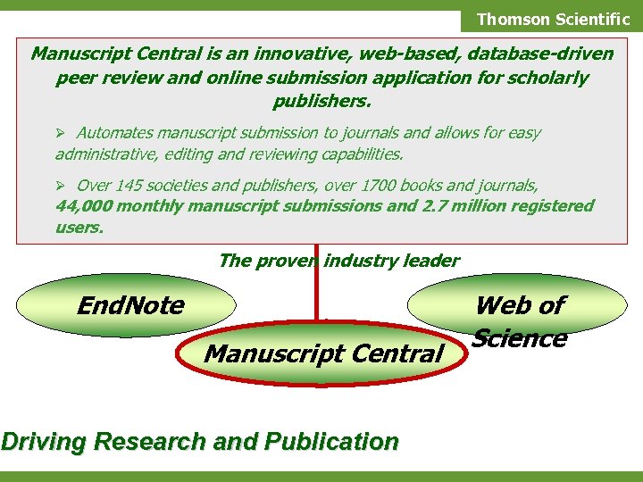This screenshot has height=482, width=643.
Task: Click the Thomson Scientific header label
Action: pyautogui.click(x=553, y=19)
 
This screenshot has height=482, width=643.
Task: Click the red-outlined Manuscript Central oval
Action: pyautogui.click(x=323, y=354)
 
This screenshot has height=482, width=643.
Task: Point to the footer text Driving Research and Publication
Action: pyautogui.click(x=199, y=441)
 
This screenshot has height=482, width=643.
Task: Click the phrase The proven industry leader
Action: pyautogui.click(x=338, y=261)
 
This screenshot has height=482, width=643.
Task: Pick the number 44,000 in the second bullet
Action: pyautogui.click(x=82, y=206)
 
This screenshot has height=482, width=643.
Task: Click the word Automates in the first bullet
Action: pyautogui.click(x=114, y=133)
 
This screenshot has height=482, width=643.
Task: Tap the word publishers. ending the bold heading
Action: pyautogui.click(x=321, y=100)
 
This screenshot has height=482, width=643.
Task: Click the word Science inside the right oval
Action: pyautogui.click(x=520, y=339)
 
